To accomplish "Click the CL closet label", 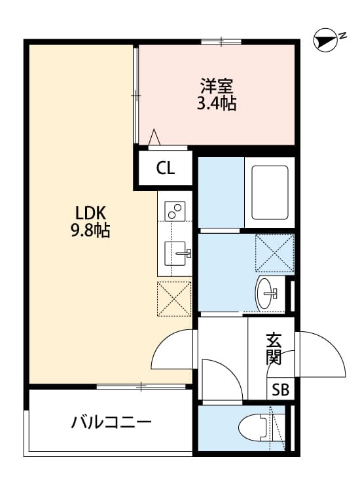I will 165,168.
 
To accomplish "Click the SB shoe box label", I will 280,390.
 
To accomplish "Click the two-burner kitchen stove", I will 175,211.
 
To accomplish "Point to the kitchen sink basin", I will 175,253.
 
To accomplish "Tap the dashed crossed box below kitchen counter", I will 174,299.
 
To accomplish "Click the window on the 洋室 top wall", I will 221,43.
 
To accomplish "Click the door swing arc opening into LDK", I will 173,350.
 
